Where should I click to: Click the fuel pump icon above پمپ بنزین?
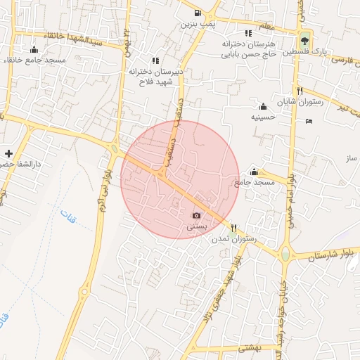click(x=198, y=13)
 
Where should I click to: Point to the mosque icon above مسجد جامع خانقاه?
click(x=34, y=49)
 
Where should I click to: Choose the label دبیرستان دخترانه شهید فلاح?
click(x=155, y=76)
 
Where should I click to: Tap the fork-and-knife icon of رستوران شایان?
click(x=300, y=91)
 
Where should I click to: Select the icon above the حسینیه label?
click(x=263, y=106)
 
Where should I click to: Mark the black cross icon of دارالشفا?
click(x=8, y=153)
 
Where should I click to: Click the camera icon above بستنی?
click(x=196, y=215)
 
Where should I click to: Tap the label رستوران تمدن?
click(x=234, y=239)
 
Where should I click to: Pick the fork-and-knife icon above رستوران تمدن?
click(x=234, y=228)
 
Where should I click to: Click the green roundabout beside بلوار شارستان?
click(x=285, y=253)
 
